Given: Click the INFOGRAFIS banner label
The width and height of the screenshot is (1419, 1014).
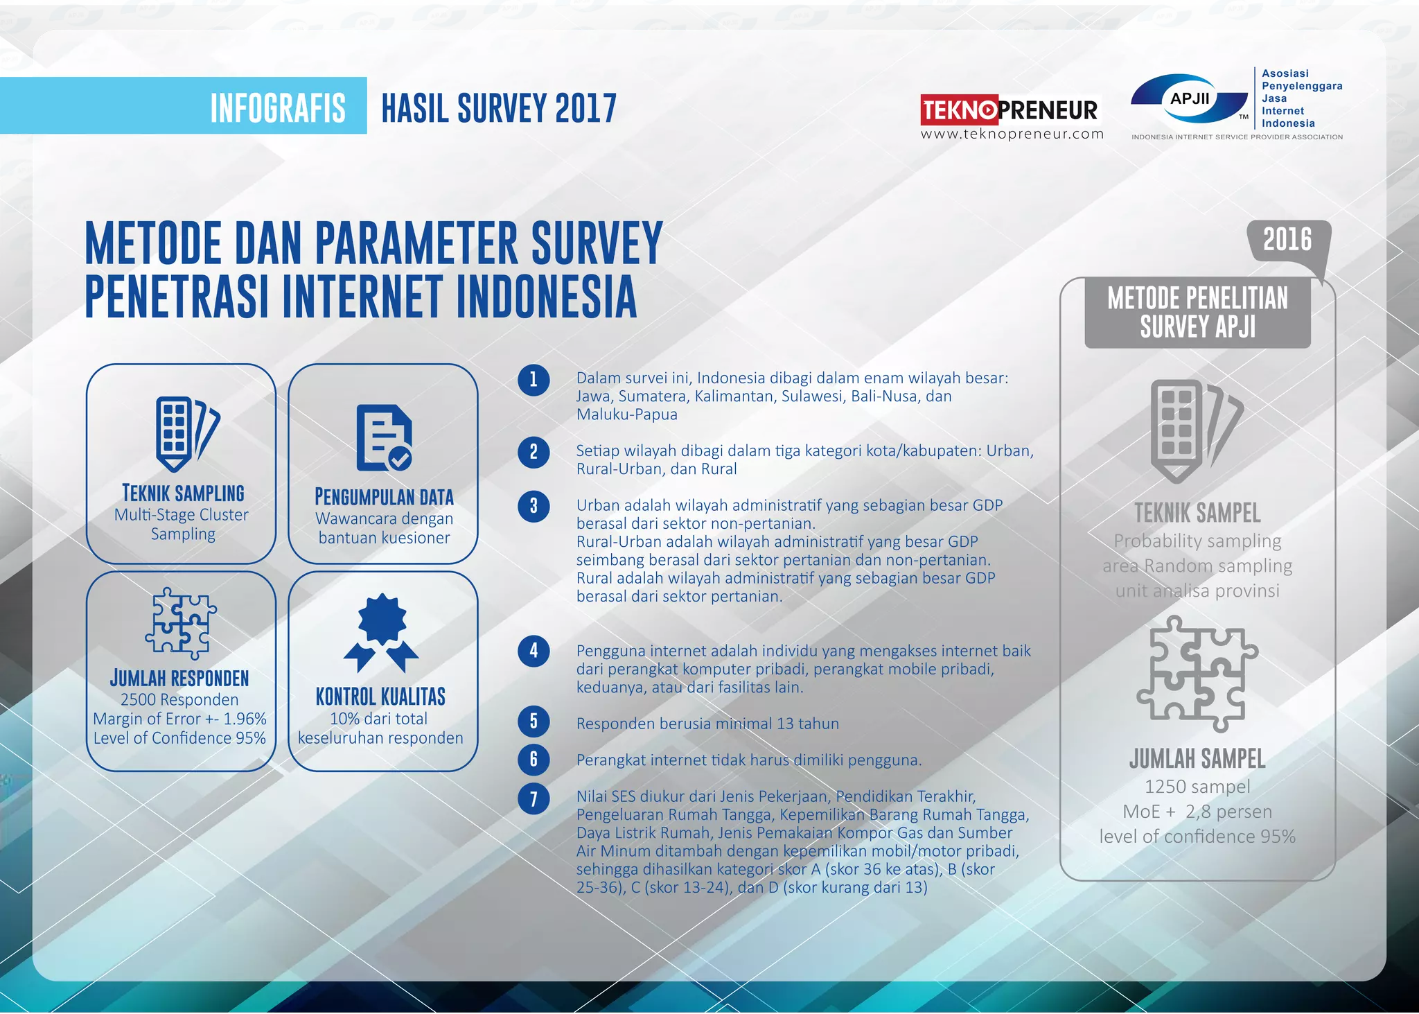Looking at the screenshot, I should [x=277, y=108].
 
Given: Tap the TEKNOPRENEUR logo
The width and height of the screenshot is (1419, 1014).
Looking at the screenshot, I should [x=1010, y=110].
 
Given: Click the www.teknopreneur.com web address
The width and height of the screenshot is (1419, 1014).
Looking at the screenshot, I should [x=1012, y=134].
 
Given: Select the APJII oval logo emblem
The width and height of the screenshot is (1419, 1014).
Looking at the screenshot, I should [x=1189, y=99].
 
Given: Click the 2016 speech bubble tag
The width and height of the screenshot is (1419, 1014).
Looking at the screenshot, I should [x=1287, y=241].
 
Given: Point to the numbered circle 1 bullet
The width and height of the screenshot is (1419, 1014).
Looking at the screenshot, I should [x=534, y=379].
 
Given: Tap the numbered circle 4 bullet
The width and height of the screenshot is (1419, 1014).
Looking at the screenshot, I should [x=534, y=651].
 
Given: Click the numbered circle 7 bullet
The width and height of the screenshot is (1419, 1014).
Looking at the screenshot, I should [x=534, y=798].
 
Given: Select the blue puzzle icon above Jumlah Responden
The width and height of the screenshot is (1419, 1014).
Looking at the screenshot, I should [x=180, y=623].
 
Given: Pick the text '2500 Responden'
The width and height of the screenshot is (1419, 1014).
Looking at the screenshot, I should [x=179, y=700].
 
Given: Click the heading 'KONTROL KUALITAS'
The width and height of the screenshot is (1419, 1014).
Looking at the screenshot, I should [x=380, y=697].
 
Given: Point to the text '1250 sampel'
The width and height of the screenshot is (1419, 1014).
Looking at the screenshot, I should [x=1197, y=787].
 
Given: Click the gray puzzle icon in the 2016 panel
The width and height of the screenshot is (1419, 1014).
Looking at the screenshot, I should [x=1197, y=674].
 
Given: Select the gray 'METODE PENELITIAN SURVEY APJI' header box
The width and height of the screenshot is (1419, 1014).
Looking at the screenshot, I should [x=1197, y=313].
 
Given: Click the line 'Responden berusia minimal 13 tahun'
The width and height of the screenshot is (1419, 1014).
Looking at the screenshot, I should [x=707, y=724].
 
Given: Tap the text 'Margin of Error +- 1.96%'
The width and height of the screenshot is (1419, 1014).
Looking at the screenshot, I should [x=179, y=719].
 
